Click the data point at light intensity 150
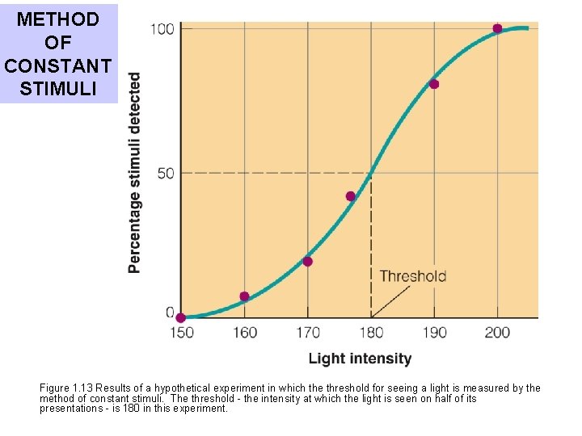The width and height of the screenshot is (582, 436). point(180,318)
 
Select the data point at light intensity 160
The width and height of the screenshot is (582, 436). point(244,296)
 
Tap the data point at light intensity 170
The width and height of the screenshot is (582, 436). point(307,261)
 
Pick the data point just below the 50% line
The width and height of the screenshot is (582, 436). point(350,196)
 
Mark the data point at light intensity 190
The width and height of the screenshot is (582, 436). point(434,84)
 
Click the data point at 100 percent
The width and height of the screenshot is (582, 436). point(497,28)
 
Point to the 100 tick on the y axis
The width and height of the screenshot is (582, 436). point(162,29)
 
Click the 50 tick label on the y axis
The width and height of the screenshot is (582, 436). point(165,173)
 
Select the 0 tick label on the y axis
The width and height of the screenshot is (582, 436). point(170,312)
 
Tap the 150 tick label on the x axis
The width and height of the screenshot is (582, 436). point(181,333)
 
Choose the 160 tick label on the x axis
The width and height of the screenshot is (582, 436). point(244,333)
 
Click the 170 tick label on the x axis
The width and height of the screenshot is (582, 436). point(307,333)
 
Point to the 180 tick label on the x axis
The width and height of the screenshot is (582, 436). point(371,333)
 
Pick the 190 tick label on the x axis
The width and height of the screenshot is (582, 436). point(434,333)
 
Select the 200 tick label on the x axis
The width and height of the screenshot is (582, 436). point(497,333)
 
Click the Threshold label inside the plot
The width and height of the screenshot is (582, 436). point(413,276)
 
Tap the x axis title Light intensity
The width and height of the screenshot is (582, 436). point(360,358)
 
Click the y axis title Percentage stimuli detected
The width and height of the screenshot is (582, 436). point(134,173)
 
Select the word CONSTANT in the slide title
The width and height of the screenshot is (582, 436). point(59,65)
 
